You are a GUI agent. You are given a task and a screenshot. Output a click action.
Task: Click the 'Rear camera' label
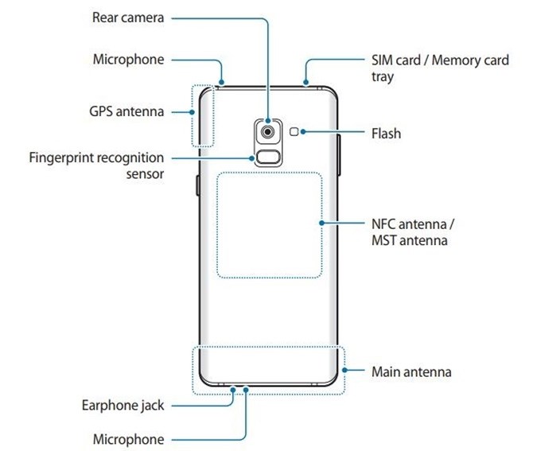click(x=129, y=17)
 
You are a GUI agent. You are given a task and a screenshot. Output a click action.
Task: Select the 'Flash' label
click(x=387, y=134)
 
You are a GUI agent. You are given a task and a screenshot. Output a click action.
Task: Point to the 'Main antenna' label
click(x=411, y=371)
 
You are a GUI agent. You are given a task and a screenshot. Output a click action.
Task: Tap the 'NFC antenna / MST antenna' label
click(x=409, y=231)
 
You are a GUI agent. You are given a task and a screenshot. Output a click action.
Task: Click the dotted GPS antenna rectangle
click(x=203, y=115)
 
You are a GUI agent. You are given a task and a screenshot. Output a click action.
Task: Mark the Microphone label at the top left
click(x=129, y=60)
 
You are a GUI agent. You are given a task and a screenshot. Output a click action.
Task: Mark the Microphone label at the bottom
click(x=129, y=439)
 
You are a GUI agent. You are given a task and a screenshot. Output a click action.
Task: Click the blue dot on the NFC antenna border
click(x=322, y=224)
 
